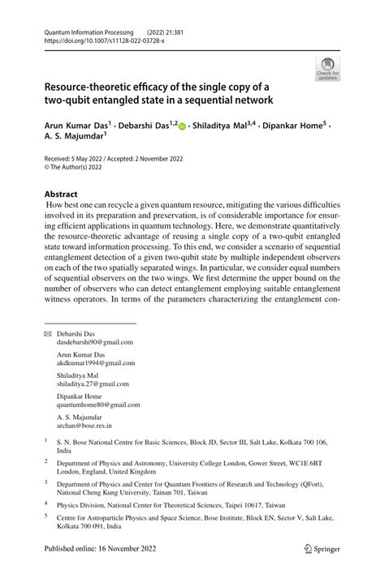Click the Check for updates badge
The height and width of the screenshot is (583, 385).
[x=328, y=69]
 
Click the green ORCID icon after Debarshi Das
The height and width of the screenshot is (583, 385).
[x=184, y=128]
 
